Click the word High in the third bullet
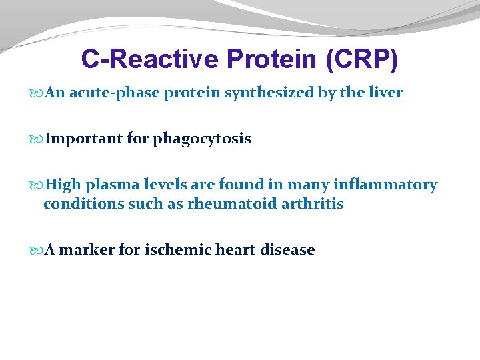tap(64, 185)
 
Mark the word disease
tap(289, 250)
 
